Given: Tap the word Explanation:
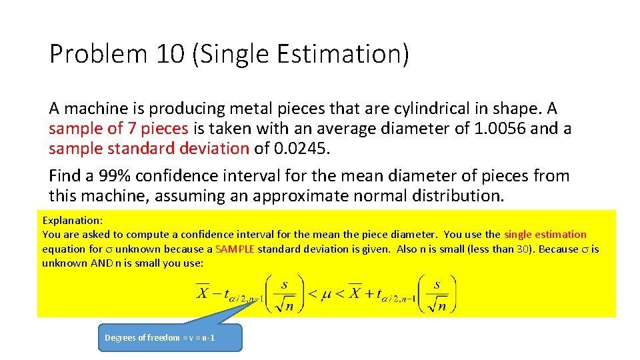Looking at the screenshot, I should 72,219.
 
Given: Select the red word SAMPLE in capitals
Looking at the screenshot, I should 235,249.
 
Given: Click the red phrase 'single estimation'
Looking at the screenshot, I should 545,234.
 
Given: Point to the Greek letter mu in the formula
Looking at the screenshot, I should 327,294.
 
